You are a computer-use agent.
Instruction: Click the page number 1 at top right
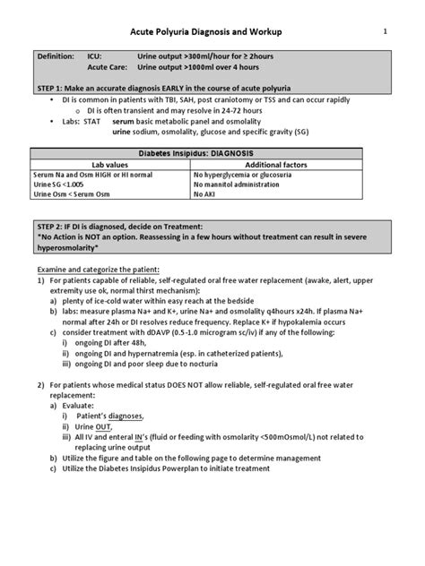(x=386, y=31)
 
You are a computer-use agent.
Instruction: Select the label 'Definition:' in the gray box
(x=55, y=56)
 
